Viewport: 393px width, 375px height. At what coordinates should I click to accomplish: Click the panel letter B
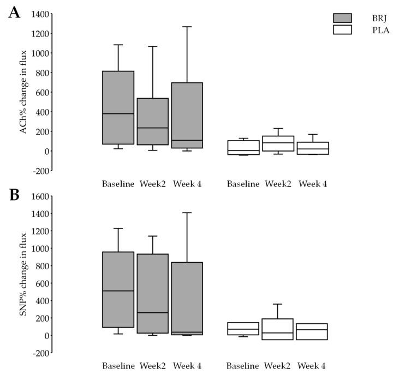pyautogui.click(x=15, y=195)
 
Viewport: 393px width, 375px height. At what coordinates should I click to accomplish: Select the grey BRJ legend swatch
pyautogui.click(x=342, y=18)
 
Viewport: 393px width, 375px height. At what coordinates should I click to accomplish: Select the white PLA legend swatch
pyautogui.click(x=342, y=29)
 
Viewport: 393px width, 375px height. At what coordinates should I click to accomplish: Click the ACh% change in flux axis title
pyautogui.click(x=23, y=93)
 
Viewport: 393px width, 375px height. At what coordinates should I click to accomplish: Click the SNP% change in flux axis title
pyautogui.click(x=23, y=275)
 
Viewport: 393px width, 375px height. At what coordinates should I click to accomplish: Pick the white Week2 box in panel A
pyautogui.click(x=278, y=143)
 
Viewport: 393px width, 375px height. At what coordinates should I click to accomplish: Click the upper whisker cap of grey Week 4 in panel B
pyautogui.click(x=187, y=213)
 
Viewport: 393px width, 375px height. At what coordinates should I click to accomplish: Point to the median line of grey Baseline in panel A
pyautogui.click(x=118, y=113)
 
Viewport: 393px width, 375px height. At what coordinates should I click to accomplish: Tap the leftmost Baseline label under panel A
pyautogui.click(x=118, y=184)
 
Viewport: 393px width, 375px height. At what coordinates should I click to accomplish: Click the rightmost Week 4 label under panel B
pyautogui.click(x=313, y=366)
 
